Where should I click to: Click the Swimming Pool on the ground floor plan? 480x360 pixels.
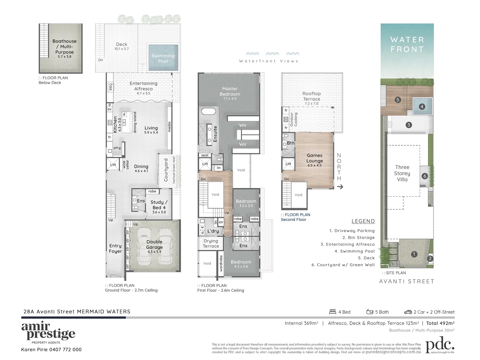pyautogui.click(x=163, y=58)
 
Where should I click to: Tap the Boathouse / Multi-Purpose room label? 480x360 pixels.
pyautogui.click(x=64, y=47)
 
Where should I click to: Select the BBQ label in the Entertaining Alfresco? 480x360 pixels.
pyautogui.click(x=111, y=87)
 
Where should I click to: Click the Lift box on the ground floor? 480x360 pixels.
pyautogui.click(x=113, y=165)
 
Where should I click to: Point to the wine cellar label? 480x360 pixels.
pyautogui.click(x=126, y=165)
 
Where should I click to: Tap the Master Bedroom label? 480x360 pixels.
pyautogui.click(x=230, y=91)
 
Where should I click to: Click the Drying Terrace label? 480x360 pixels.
pyautogui.click(x=211, y=243)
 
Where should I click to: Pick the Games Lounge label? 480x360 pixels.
pyautogui.click(x=314, y=158)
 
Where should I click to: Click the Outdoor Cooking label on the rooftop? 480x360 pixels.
pyautogui.click(x=294, y=119)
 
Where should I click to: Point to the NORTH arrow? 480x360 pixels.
pyautogui.click(x=340, y=187)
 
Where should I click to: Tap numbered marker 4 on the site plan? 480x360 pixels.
pyautogui.click(x=422, y=107)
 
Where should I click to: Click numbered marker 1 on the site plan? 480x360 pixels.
pyautogui.click(x=414, y=254)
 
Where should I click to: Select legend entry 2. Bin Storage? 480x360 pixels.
pyautogui.click(x=358, y=238)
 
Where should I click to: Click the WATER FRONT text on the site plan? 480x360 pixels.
pyautogui.click(x=407, y=44)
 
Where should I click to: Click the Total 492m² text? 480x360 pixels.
pyautogui.click(x=440, y=323)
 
